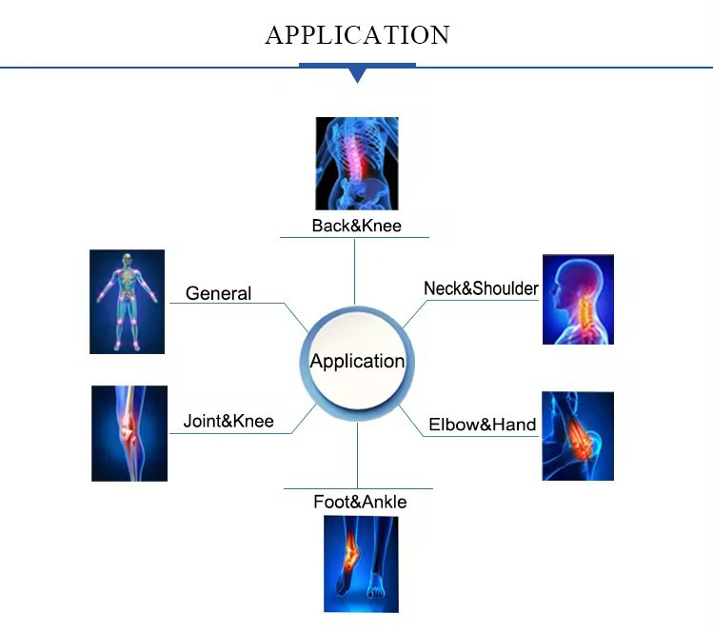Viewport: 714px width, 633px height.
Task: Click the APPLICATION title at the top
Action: coord(357,35)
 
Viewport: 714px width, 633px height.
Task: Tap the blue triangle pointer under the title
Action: coord(357,74)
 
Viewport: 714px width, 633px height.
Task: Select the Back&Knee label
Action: coord(357,226)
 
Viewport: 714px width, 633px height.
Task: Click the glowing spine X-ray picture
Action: coord(357,163)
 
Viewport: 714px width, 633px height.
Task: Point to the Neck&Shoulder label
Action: coord(481,288)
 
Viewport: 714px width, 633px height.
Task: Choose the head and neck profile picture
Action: coord(578,299)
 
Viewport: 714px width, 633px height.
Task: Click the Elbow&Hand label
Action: coord(483,425)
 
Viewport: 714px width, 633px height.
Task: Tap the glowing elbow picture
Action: coord(578,436)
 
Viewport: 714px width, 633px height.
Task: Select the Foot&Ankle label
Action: coord(360,502)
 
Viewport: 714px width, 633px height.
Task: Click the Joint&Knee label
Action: coord(228,421)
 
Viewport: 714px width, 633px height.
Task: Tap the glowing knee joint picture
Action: coord(129,433)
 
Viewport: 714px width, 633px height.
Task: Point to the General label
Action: coord(219,293)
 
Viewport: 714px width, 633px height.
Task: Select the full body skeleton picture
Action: coord(127,302)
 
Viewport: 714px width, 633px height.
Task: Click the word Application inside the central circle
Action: coord(358,362)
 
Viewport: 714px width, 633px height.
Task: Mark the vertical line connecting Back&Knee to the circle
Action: coord(355,271)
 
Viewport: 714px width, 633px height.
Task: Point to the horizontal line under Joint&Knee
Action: coord(228,433)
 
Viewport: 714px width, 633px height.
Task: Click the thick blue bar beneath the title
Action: coord(357,65)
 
